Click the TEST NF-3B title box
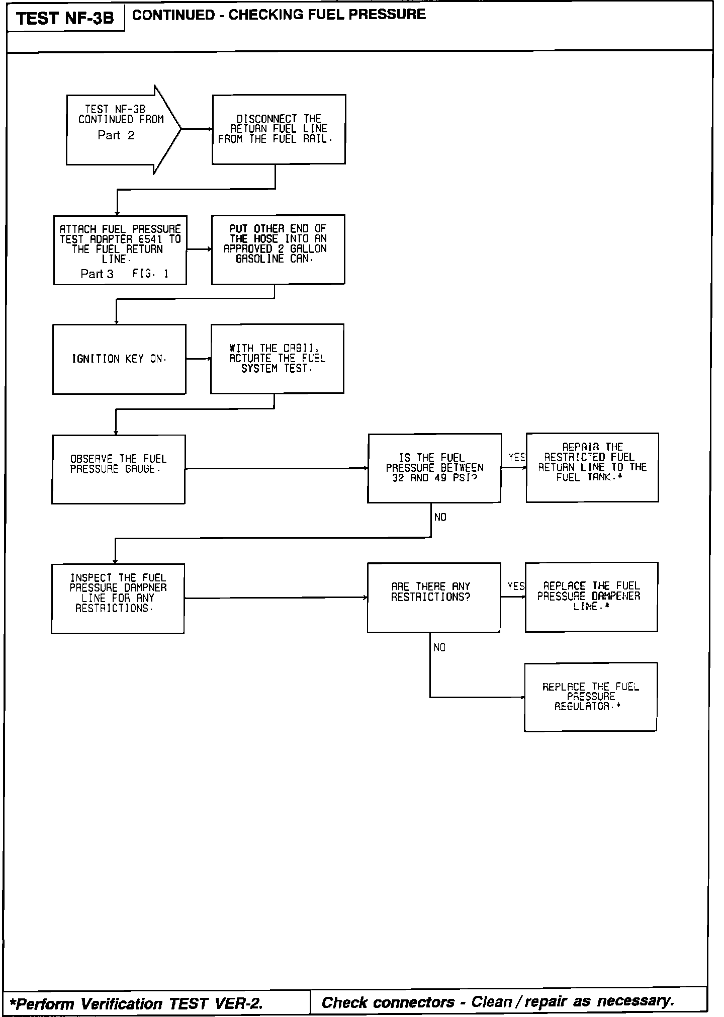point(65,19)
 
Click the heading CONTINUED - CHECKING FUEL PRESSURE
point(279,15)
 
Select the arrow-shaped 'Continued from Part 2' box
point(121,129)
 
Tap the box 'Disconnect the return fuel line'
point(279,129)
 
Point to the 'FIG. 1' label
point(150,274)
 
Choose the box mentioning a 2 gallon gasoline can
point(278,249)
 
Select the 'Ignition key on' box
point(119,359)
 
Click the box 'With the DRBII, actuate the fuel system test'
point(277,359)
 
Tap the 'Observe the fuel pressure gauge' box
point(118,469)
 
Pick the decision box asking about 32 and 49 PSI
point(434,468)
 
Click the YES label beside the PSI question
point(516,458)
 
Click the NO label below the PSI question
point(440,518)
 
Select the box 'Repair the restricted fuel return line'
point(592,467)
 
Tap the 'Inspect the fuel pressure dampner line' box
point(118,598)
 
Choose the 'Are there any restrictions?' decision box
point(433,598)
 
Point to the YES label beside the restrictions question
point(516,586)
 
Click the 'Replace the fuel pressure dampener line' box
point(591,597)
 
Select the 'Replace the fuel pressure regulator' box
point(590,697)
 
